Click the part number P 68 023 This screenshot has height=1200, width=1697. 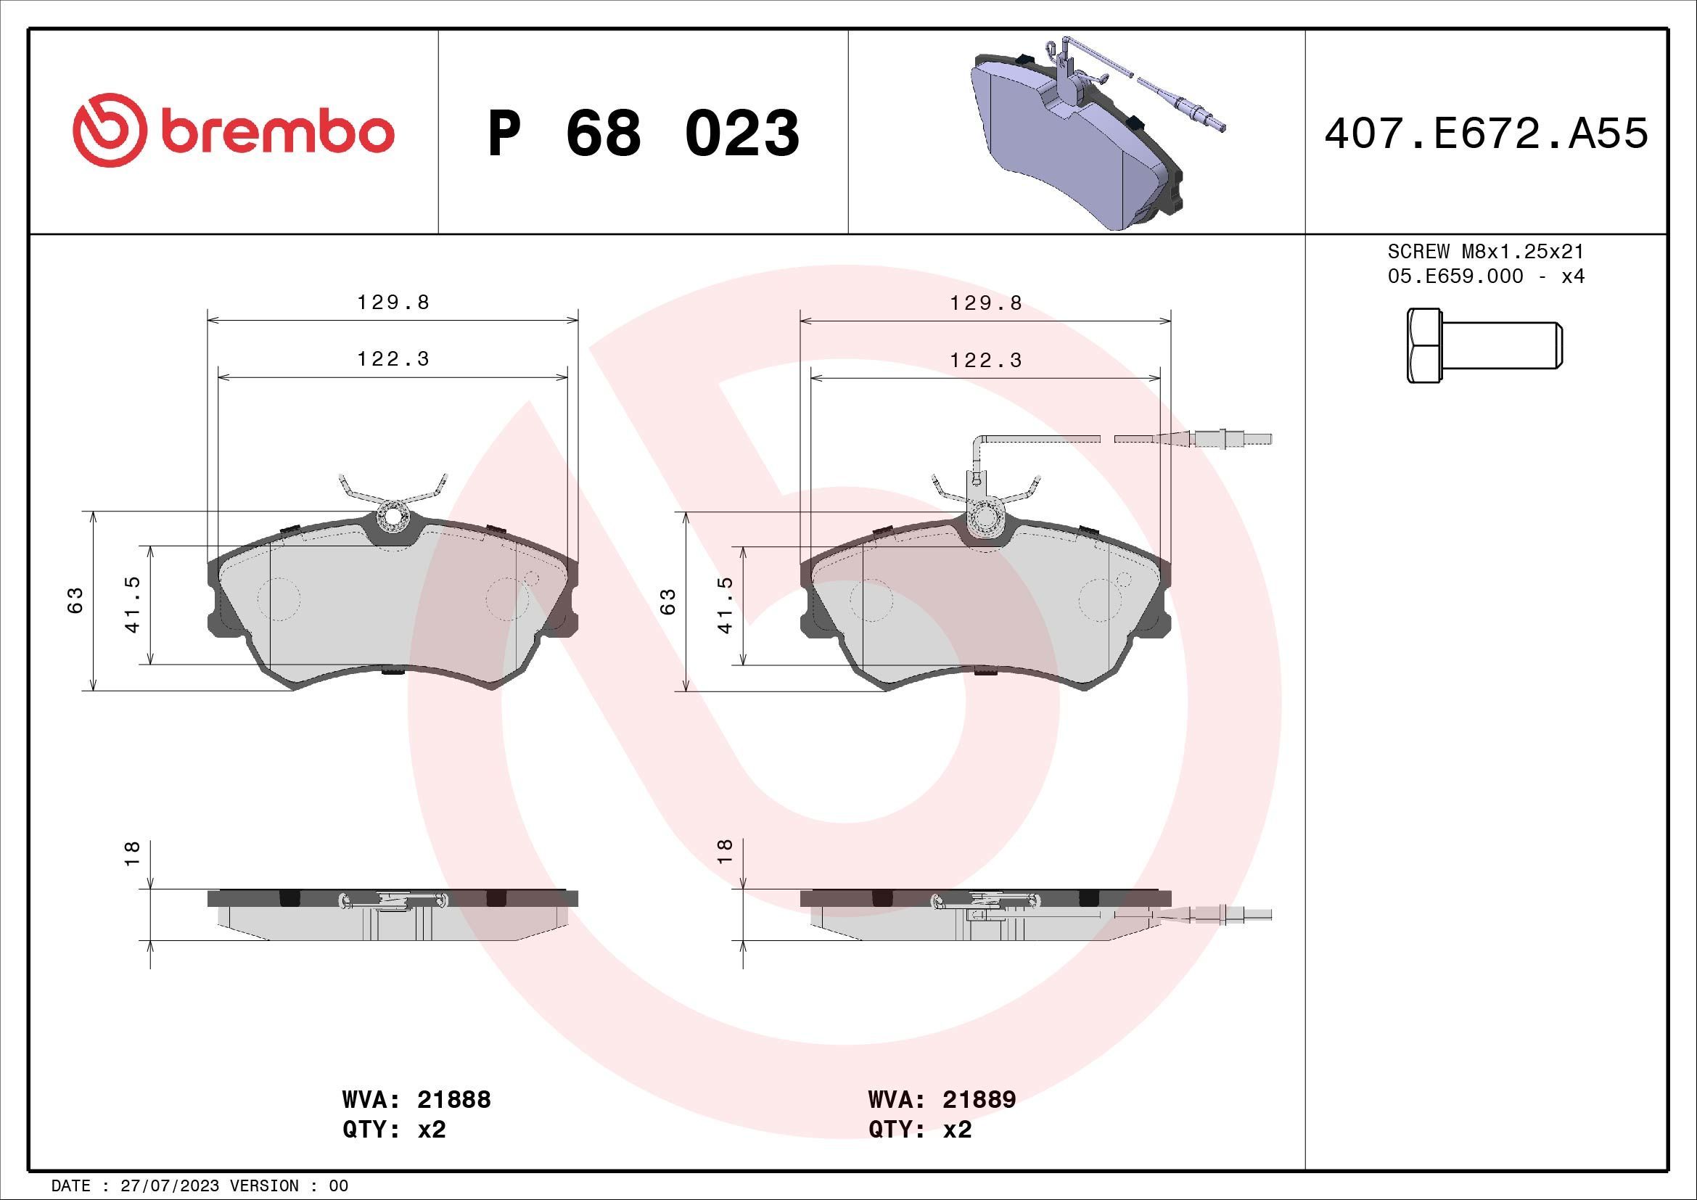tap(643, 133)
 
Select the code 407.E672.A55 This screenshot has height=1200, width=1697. tap(1486, 134)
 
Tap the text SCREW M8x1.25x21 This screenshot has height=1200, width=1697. tap(1486, 251)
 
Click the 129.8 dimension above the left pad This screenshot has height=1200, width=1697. tap(393, 303)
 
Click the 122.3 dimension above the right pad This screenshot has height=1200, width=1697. tap(985, 361)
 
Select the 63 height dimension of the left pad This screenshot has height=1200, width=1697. tap(75, 600)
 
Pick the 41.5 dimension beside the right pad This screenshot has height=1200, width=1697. tap(725, 604)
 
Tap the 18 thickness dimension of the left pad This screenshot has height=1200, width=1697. tap(132, 853)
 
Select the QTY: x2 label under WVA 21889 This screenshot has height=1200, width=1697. tap(919, 1130)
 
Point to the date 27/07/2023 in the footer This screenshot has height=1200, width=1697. tap(169, 1186)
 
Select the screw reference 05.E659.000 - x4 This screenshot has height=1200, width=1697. tap(1486, 276)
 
